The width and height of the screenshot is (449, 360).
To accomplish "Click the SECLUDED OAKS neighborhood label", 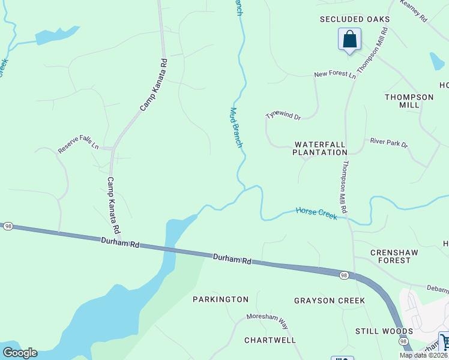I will pos(355,19).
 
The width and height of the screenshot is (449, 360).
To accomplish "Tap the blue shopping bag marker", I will pos(349,40).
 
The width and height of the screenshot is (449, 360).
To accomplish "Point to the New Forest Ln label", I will pos(335,74).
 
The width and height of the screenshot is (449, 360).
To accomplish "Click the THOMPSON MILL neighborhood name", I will pos(409,101).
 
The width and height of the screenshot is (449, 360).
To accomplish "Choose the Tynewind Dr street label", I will pos(283,115).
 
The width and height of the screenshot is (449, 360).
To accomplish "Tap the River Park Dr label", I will pos(388,145).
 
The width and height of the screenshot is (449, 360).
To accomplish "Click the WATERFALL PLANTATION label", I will pos(320,148).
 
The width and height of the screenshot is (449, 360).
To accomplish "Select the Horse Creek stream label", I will pos(316,213).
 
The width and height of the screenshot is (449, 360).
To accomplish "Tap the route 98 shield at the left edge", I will pos(8,226).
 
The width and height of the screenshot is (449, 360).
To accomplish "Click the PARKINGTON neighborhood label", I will pos(220,299).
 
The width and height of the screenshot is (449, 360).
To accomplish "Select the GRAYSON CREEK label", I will pos(330,300).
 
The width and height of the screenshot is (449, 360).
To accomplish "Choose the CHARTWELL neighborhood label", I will pos(270,340).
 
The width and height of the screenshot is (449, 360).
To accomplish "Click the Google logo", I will pos(19,353).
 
